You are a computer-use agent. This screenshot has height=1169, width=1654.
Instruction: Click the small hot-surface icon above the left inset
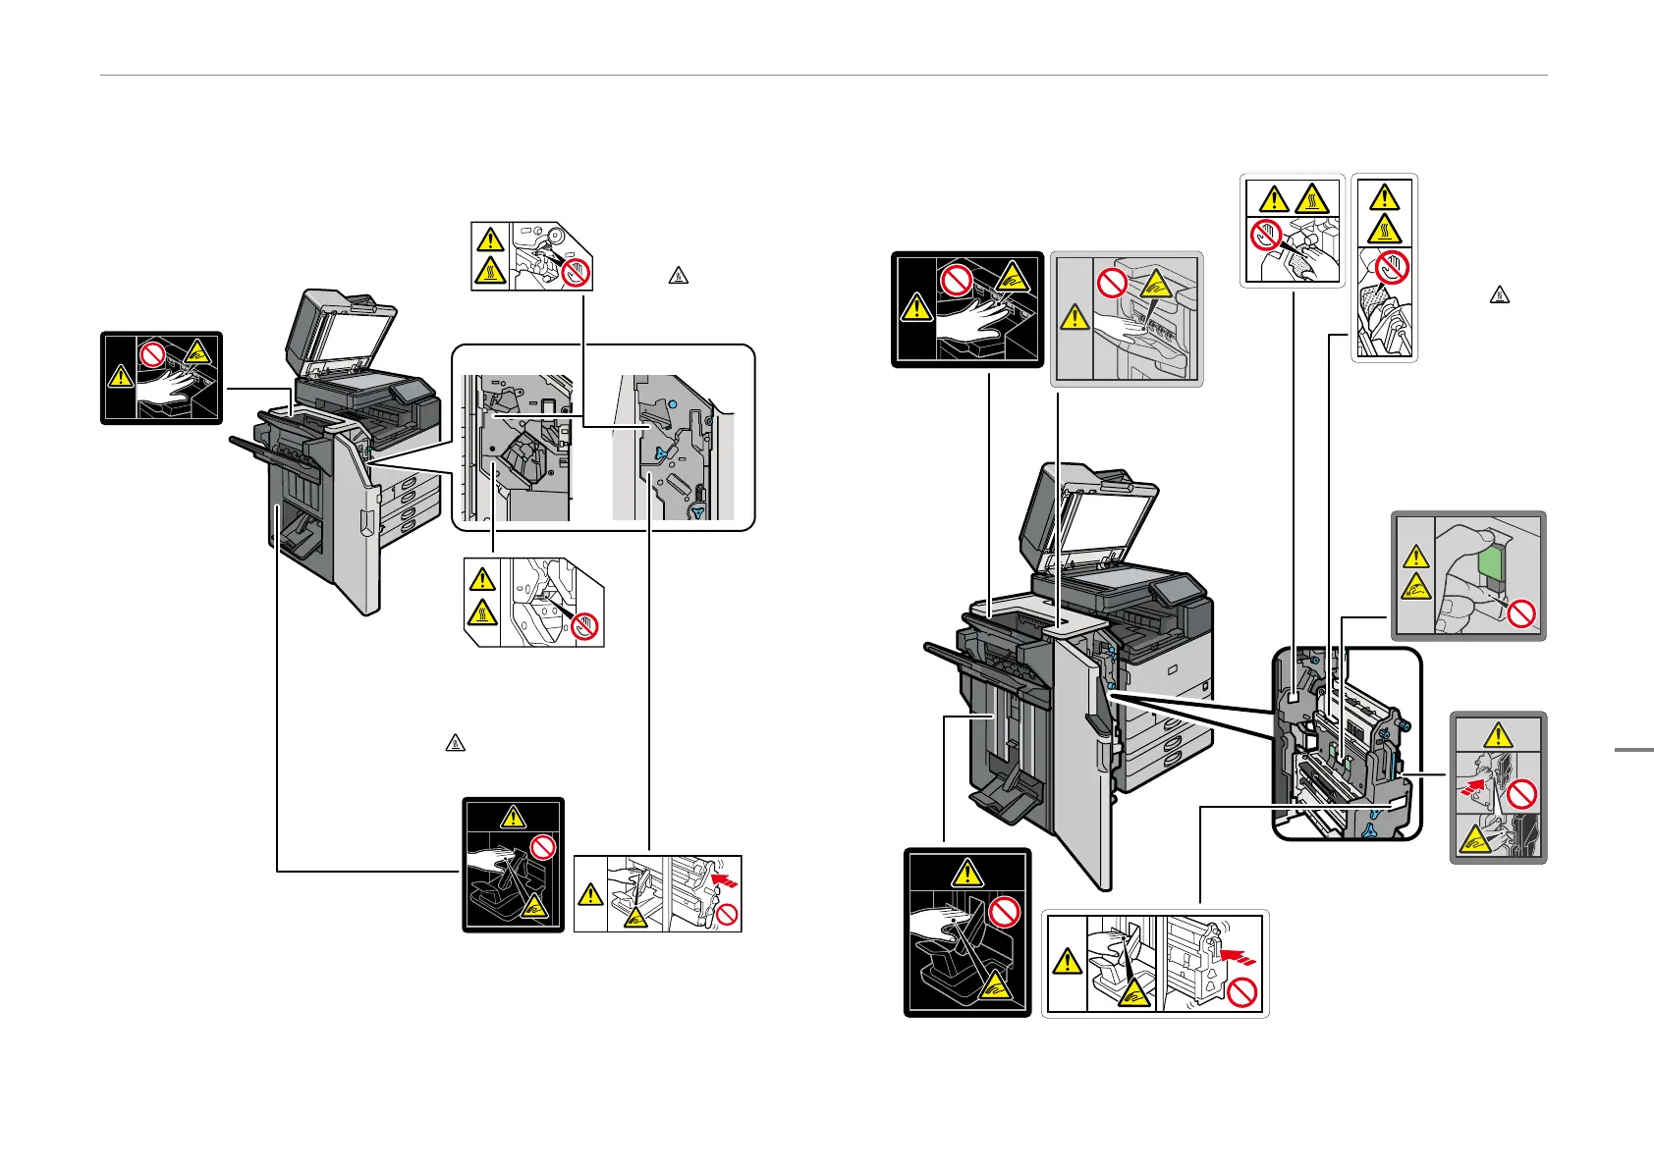678,275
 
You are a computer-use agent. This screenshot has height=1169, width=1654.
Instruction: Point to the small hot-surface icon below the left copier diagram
455,743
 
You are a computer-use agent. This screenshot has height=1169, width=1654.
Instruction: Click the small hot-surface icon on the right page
1499,293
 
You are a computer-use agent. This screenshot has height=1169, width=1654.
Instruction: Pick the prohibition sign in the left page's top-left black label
152,354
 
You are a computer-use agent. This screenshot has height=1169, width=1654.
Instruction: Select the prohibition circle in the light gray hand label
1111,285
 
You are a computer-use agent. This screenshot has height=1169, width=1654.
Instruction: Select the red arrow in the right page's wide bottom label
1240,951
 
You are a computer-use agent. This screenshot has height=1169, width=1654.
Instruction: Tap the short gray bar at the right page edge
1633,751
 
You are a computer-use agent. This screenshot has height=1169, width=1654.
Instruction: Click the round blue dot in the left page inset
672,403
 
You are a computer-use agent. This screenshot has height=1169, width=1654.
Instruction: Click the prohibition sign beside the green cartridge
1521,615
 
